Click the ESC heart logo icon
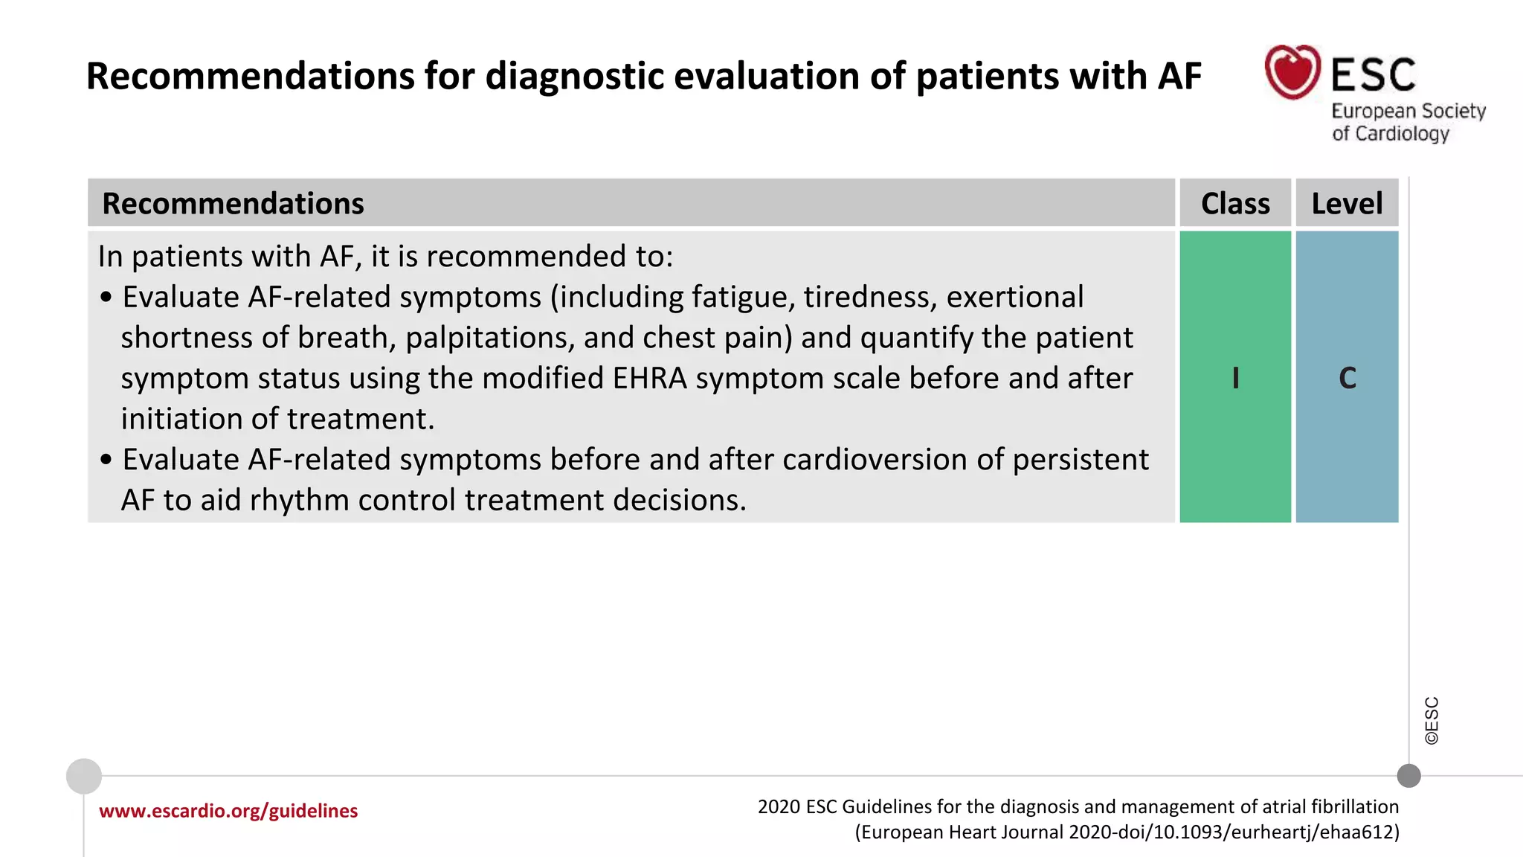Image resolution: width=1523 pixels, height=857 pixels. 1292,72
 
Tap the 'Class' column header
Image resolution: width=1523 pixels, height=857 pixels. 1235,203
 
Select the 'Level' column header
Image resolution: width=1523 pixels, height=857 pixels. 1347,203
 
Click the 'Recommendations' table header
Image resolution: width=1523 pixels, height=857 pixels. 233,203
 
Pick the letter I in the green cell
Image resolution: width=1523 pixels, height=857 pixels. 1235,378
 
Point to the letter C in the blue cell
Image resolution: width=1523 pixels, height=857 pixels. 1347,378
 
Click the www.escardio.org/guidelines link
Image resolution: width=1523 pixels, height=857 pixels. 228,810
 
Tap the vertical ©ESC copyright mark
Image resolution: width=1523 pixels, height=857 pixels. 1432,720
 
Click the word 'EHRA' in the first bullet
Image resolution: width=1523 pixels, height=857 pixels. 650,378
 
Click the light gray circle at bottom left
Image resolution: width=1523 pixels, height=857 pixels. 84,776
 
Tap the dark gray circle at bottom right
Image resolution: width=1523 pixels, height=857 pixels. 1408,776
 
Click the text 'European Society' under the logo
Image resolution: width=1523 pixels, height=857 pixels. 1408,111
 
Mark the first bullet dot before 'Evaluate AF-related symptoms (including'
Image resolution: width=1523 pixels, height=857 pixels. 106,298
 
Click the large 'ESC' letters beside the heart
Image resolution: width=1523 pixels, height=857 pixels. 1373,74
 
